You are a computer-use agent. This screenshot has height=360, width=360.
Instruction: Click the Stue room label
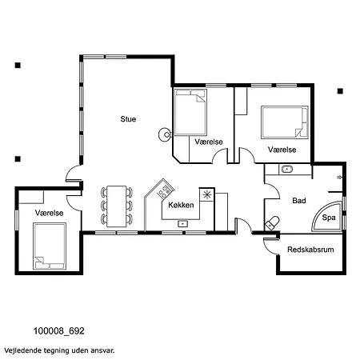click(x=128, y=119)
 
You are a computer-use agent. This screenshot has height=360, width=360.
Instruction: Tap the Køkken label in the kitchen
click(x=181, y=205)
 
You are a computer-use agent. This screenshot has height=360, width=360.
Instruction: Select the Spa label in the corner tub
click(x=329, y=218)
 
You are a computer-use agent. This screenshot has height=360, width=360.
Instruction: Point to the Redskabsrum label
click(x=310, y=250)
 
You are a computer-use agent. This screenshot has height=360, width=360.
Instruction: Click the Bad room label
click(x=299, y=201)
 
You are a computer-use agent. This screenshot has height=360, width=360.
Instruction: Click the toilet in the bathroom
click(x=272, y=223)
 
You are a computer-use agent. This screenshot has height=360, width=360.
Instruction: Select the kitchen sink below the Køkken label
click(x=182, y=223)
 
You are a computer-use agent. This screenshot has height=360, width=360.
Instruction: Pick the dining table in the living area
click(x=117, y=206)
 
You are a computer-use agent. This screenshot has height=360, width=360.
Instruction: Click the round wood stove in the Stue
click(x=165, y=134)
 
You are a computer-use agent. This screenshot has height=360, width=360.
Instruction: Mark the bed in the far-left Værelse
click(x=50, y=246)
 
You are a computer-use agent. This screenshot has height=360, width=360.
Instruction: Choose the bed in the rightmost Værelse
click(x=285, y=122)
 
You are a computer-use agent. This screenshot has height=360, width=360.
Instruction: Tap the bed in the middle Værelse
click(x=190, y=112)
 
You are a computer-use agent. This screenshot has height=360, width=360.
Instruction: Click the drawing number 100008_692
click(x=58, y=331)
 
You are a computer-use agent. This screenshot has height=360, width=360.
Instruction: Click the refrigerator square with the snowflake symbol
click(x=206, y=195)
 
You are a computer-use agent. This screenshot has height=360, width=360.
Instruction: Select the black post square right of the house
click(x=340, y=91)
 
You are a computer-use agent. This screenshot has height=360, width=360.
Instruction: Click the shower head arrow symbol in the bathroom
click(x=340, y=177)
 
